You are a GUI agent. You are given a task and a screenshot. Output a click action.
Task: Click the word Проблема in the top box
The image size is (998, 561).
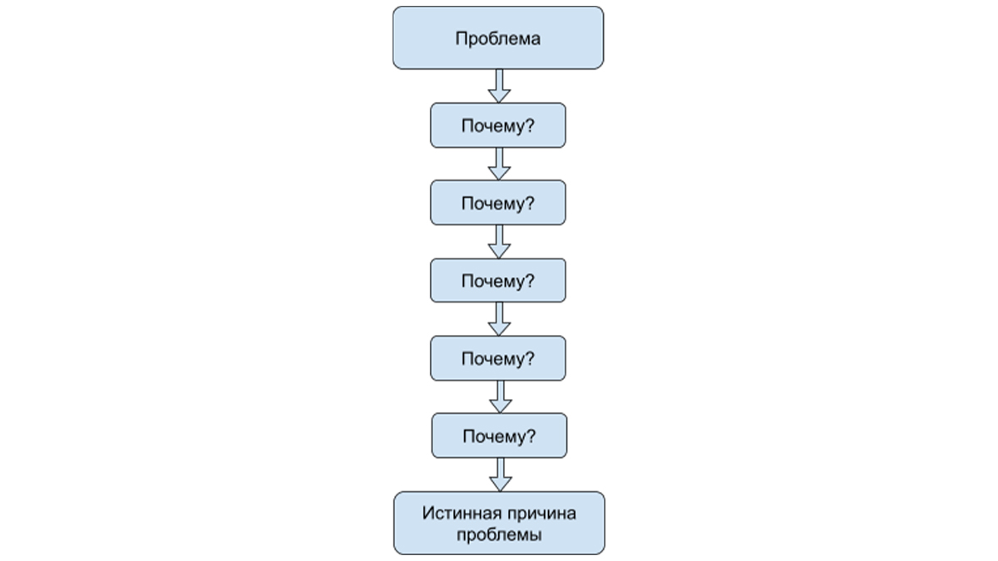pos(497,39)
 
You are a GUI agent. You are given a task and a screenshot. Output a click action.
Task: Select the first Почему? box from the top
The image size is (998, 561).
pos(498,125)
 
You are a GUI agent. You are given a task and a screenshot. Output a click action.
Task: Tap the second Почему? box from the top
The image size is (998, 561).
pos(498,203)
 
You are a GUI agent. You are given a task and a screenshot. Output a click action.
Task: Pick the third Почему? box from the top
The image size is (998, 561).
pos(498,281)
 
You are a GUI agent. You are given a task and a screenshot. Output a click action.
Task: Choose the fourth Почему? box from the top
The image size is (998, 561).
pos(498,358)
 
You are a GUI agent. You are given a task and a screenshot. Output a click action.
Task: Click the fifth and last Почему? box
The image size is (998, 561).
pos(500,436)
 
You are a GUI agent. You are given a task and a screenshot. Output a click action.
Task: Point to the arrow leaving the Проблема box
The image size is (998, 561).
pos(499,86)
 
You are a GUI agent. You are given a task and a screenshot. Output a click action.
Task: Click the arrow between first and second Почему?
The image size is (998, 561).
pos(499,164)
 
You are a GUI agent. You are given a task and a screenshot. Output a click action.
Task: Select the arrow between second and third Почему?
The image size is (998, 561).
pos(499,242)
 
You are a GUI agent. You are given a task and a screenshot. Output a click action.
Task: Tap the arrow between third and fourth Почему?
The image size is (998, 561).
pos(499,319)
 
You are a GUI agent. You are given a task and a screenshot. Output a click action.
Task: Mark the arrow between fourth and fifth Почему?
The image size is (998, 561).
pos(501,396)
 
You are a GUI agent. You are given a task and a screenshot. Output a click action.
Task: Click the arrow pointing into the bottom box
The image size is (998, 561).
pos(501,475)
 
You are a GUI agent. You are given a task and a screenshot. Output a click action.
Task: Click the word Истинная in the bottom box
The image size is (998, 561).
pos(462,514)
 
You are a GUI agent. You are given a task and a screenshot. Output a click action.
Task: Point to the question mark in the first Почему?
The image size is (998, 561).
pos(530,125)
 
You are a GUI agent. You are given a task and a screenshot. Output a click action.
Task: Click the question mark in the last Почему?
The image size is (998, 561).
pos(531,436)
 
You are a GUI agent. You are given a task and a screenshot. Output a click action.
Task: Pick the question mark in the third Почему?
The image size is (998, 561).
pos(530,281)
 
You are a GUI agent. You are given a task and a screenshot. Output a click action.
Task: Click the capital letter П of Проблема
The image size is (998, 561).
pos(461,38)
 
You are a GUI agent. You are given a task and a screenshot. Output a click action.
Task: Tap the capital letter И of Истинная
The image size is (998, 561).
pos(428,514)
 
